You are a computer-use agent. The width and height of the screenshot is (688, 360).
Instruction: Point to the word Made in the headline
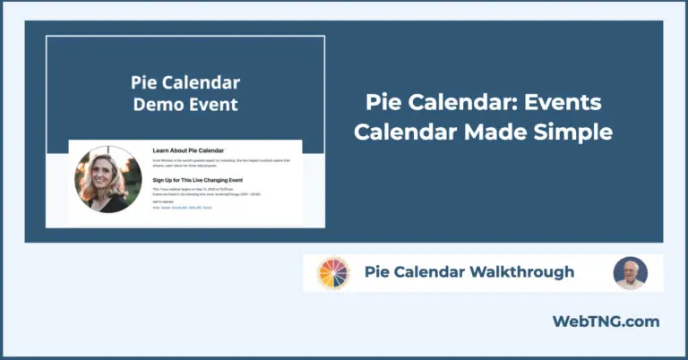point(495,132)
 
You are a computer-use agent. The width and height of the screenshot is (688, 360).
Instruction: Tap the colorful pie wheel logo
point(333,273)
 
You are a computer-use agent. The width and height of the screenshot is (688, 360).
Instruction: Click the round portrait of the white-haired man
point(631,273)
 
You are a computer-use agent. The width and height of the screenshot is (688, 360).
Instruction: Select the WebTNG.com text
point(606,321)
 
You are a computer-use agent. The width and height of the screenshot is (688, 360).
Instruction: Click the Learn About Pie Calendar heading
point(188,150)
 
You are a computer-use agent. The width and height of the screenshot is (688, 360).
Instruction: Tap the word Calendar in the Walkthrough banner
point(430,271)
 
